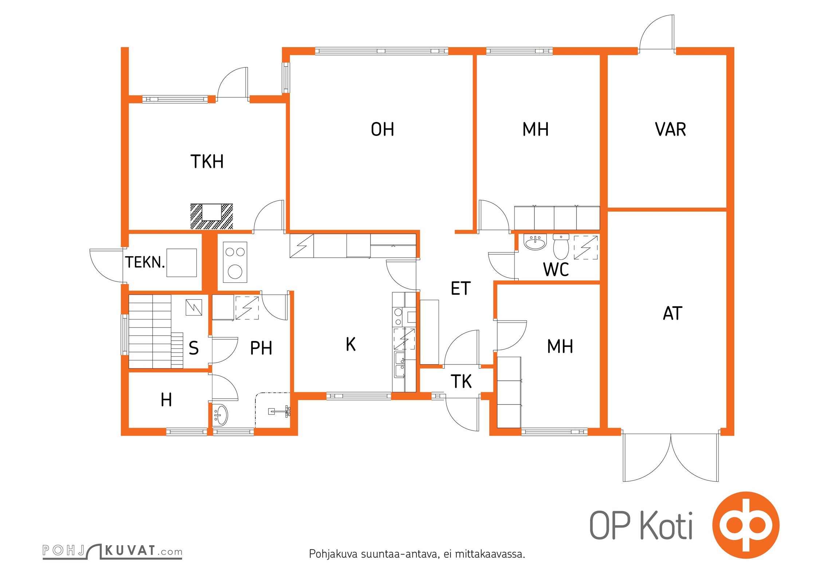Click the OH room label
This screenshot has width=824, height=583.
point(382,129)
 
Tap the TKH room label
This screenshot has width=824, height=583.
point(207,161)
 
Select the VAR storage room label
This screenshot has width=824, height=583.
point(671,129)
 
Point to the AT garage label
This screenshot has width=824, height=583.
point(672,313)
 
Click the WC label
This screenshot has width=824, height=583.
point(556,270)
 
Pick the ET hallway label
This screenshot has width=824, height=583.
point(461,288)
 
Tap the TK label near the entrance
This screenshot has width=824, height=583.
point(461,382)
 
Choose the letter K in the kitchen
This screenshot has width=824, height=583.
point(350,344)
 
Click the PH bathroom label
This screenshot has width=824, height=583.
point(261,348)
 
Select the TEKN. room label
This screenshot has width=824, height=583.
point(145,262)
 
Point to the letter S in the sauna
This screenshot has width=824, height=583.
point(194,348)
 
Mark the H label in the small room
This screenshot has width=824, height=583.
point(166,400)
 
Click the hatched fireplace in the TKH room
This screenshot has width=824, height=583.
point(212,216)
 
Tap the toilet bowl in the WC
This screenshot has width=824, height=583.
point(561,246)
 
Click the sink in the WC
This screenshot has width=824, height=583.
point(535,242)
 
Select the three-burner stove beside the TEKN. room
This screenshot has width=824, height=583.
point(235,262)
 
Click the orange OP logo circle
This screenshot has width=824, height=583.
point(746,525)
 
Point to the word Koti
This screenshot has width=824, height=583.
point(666,525)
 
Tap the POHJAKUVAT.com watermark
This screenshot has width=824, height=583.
point(112,551)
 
